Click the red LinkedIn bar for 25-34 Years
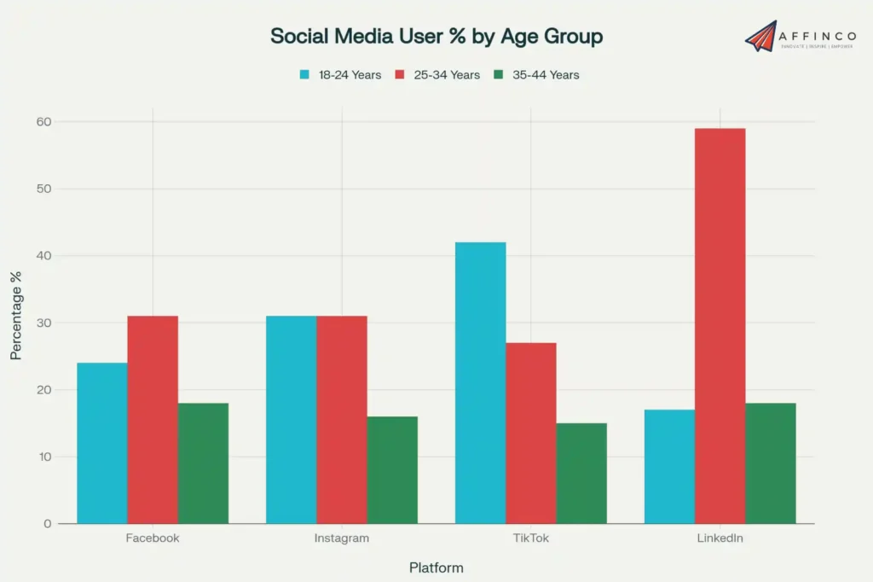tap(720, 325)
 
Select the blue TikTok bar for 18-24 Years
tap(480, 382)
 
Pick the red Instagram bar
tap(342, 419)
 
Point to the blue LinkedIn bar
tap(669, 466)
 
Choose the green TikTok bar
tap(581, 473)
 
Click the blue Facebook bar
tap(102, 443)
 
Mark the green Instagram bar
tap(392, 469)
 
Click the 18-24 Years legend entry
tap(340, 75)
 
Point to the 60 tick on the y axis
tap(43, 122)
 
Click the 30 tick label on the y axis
tap(43, 323)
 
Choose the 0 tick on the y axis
tap(47, 524)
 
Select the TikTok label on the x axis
tap(530, 538)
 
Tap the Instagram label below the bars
tap(342, 538)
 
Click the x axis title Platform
tap(436, 567)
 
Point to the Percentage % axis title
tap(16, 315)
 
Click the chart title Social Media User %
tap(436, 36)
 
